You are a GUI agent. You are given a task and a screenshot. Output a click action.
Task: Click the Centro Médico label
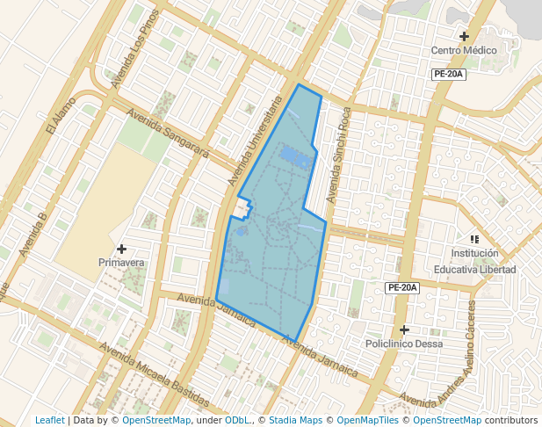coord(464,50)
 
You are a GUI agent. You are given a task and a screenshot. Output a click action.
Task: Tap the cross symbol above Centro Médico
coord(464,36)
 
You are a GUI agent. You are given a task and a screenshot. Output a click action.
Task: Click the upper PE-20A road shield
coord(448,75)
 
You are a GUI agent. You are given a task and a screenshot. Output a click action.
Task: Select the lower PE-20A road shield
coord(402,287)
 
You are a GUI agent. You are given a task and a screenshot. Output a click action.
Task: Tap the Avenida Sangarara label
coord(168,134)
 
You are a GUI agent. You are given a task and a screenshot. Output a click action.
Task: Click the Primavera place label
coord(121,262)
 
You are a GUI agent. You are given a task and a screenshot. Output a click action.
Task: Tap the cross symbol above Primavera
coord(121,249)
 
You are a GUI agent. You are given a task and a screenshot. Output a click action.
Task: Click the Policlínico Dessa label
coord(404,344)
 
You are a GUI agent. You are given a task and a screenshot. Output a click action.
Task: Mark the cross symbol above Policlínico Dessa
coord(404,329)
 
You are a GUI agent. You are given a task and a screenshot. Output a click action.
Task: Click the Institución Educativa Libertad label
coord(474,262)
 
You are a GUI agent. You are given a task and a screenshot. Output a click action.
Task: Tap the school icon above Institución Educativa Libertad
coord(474,238)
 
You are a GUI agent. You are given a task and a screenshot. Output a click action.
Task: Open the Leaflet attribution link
coord(49,420)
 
